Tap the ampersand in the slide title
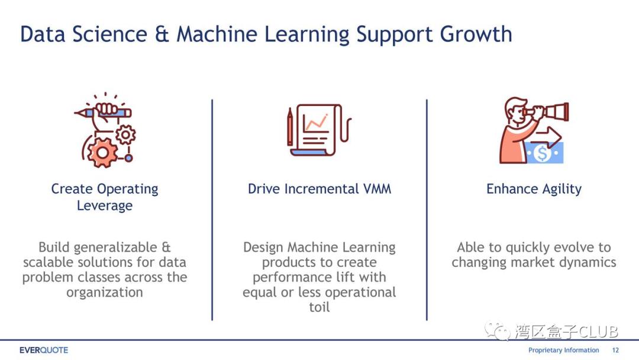click(162, 34)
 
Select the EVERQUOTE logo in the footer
click(44, 350)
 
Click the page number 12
click(615, 350)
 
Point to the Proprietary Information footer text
click(564, 350)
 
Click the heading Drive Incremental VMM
click(319, 189)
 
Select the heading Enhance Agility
click(534, 189)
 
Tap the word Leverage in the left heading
click(105, 205)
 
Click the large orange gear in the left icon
click(102, 153)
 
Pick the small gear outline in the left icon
click(125, 134)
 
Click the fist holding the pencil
click(106, 110)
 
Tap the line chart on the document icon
click(316, 122)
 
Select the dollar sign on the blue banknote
click(543, 154)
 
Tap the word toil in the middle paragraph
click(319, 307)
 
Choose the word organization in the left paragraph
click(105, 292)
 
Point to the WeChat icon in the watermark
click(497, 330)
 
